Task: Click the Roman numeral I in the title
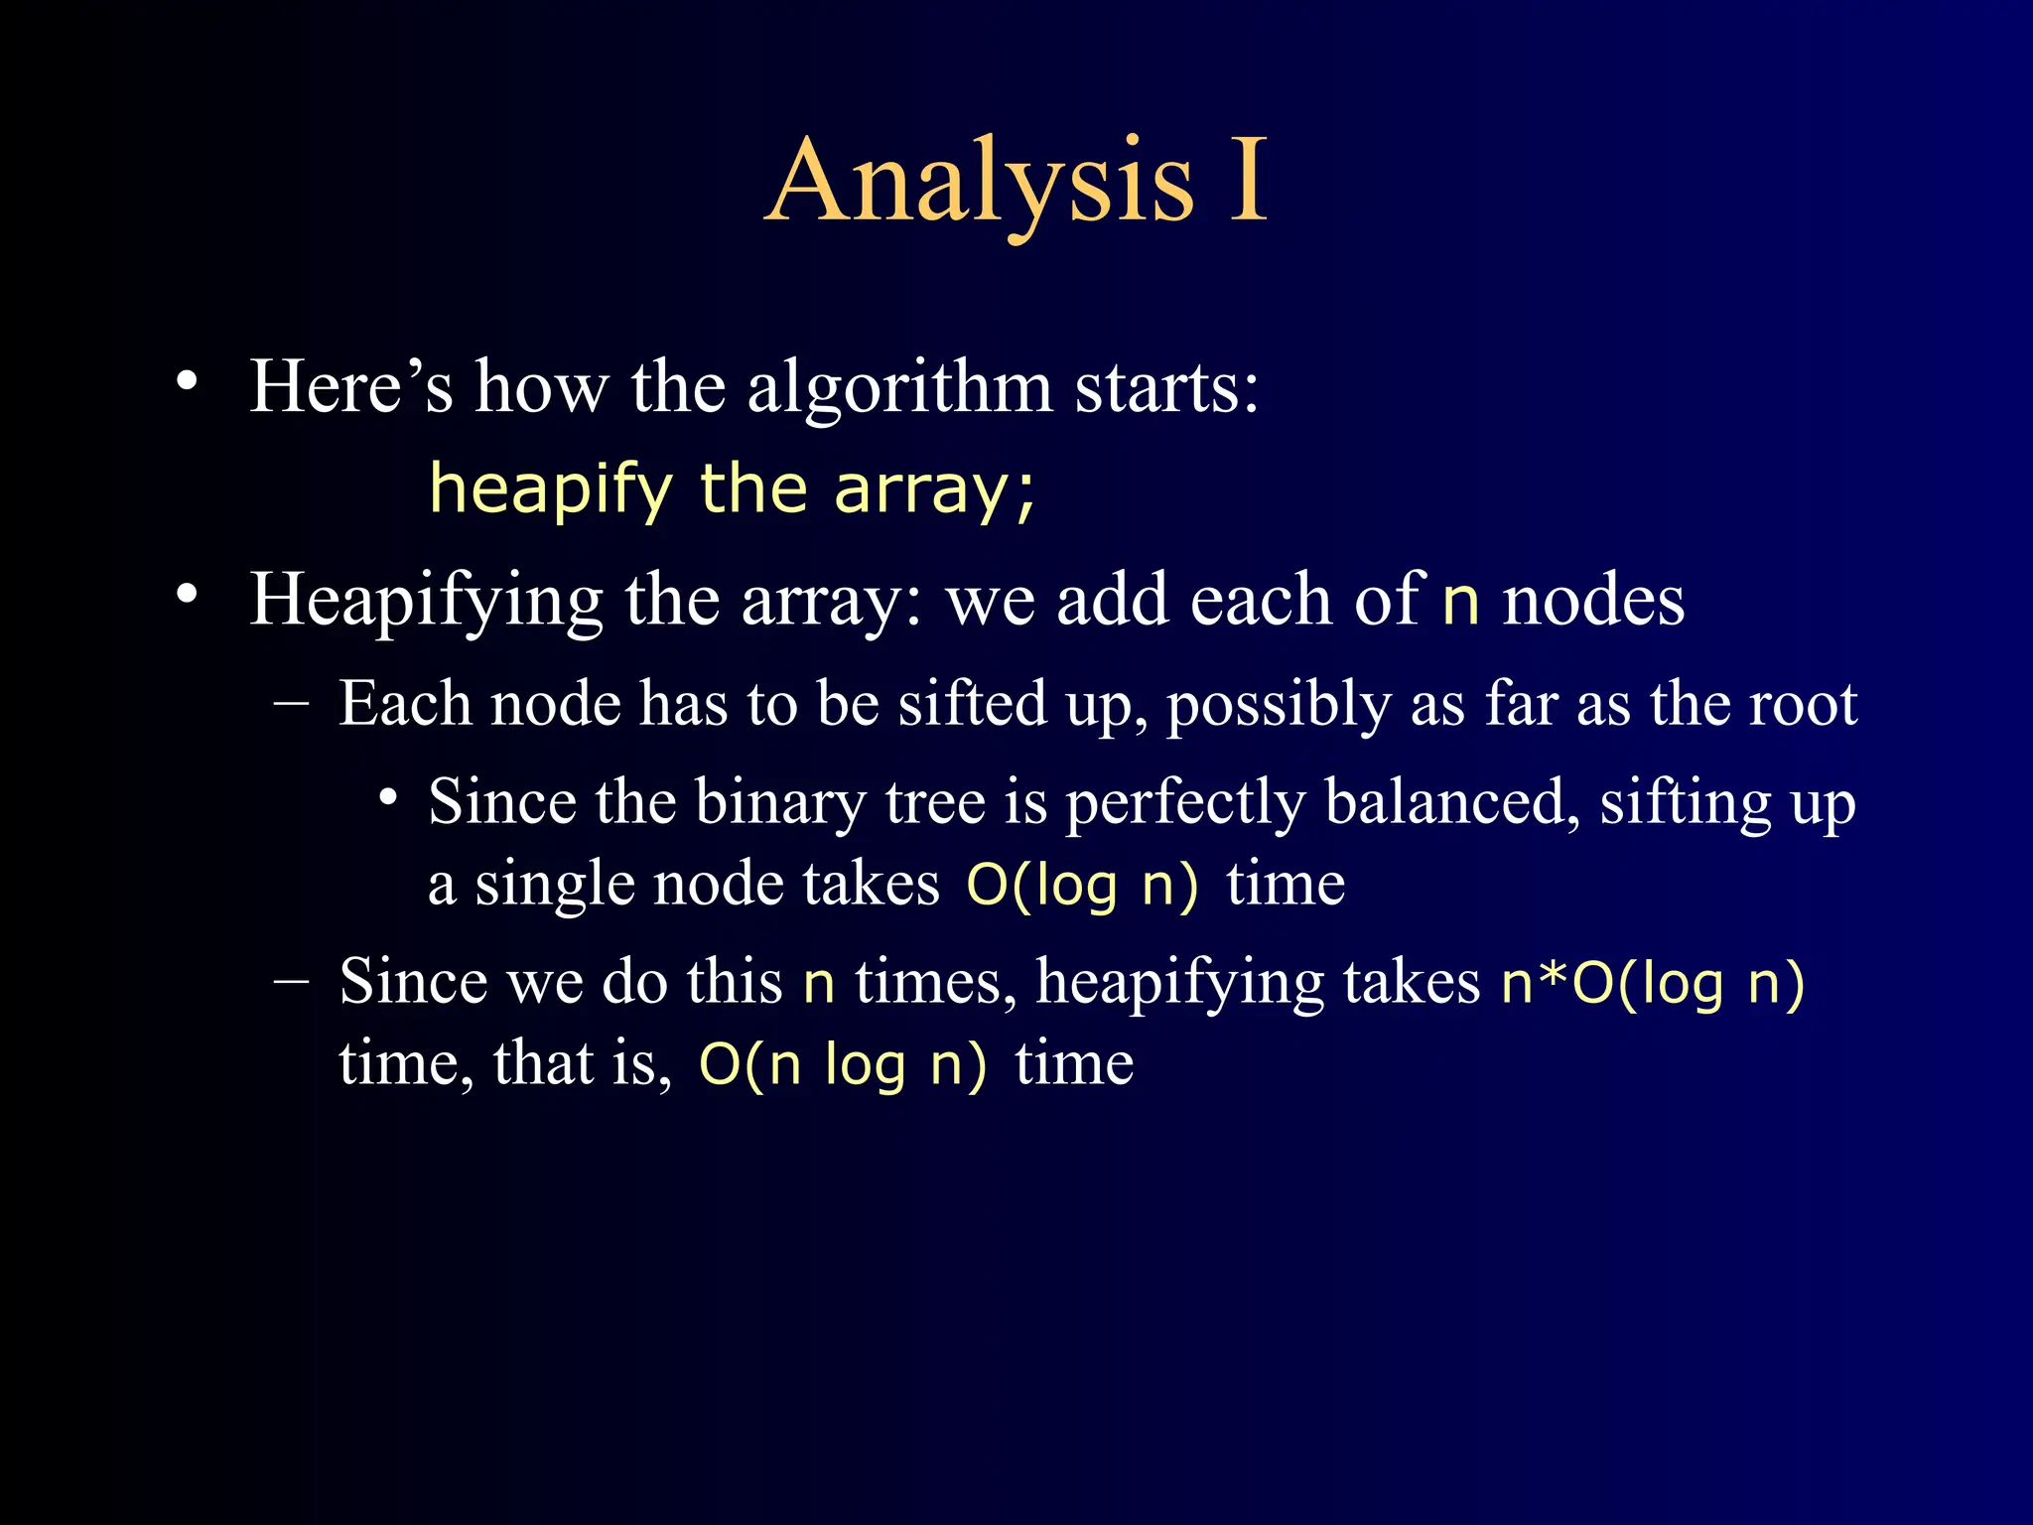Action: point(1248,181)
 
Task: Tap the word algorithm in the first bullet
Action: point(899,386)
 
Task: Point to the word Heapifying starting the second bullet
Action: point(426,602)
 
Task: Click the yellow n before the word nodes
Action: point(1460,602)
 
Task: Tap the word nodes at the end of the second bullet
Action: point(1593,602)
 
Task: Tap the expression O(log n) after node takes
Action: point(1082,885)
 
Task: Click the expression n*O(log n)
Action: point(1652,984)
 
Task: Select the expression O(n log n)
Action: point(843,1065)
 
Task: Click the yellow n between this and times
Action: point(818,984)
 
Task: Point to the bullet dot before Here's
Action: point(187,382)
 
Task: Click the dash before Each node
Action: point(291,703)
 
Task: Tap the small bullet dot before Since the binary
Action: point(389,798)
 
